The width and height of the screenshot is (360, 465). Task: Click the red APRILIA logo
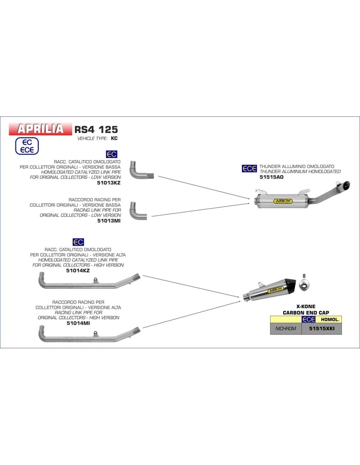click(40, 129)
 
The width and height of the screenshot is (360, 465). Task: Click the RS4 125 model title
click(96, 129)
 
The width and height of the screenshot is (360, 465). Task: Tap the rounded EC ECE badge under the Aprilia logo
click(27, 146)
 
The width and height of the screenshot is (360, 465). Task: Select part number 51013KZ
click(109, 183)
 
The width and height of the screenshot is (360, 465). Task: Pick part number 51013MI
click(109, 221)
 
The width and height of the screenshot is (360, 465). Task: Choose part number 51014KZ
click(78, 270)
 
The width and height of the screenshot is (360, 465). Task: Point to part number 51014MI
click(78, 323)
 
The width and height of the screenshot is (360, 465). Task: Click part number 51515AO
click(271, 177)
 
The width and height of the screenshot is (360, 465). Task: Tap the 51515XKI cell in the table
click(322, 329)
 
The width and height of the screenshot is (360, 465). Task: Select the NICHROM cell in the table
click(286, 329)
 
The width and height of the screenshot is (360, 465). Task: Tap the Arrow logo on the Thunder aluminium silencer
click(283, 201)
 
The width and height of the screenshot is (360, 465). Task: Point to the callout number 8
click(304, 276)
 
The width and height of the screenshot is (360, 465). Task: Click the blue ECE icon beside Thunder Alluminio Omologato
click(249, 168)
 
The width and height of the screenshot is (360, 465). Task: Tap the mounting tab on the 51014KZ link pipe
click(96, 280)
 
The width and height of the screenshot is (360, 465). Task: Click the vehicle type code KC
click(114, 138)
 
